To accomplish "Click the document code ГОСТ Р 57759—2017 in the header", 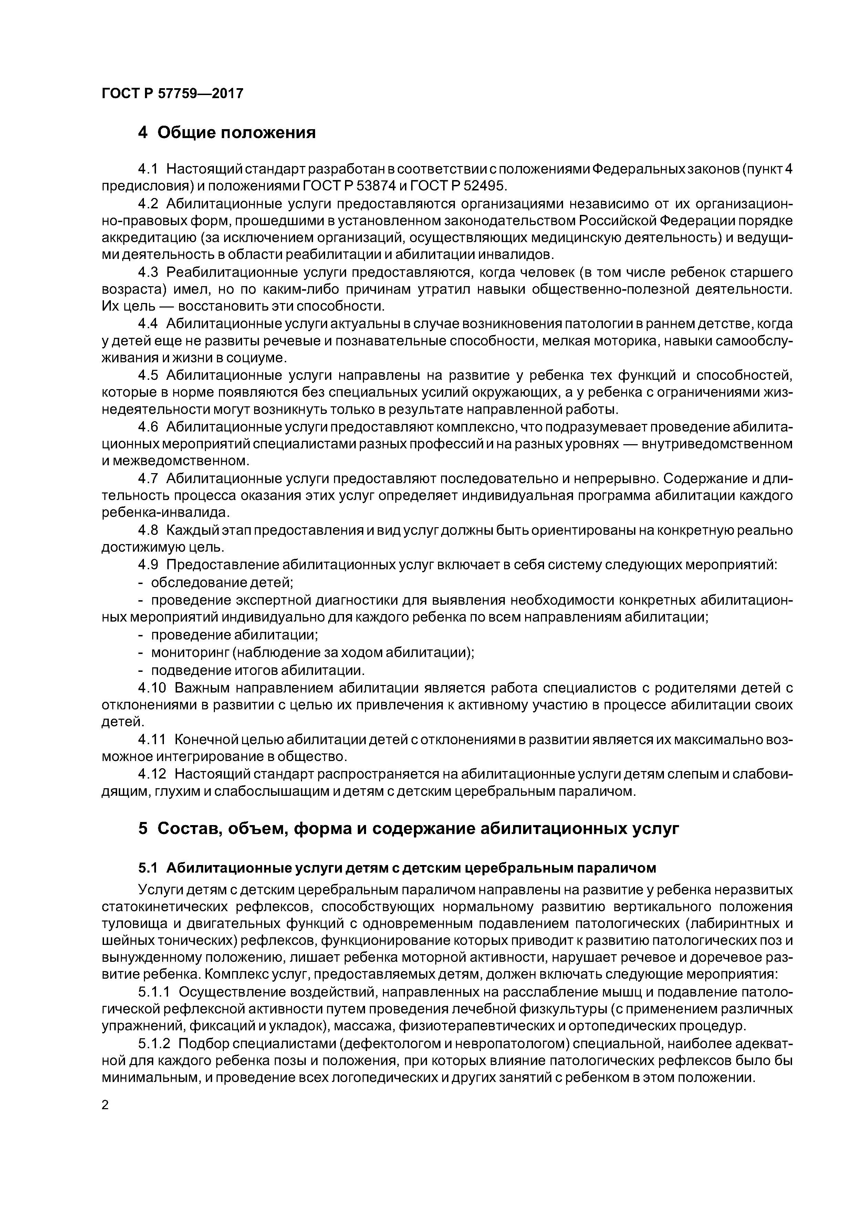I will [173, 94].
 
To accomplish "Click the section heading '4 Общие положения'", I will [227, 133].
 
